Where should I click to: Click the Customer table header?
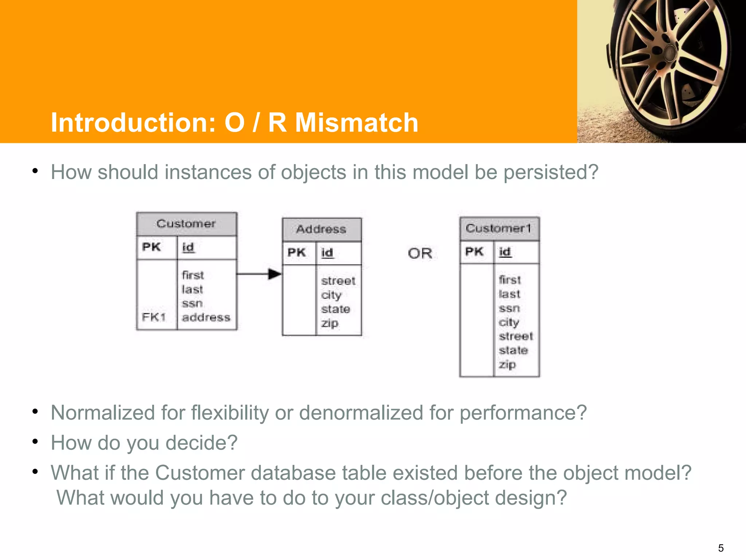tap(186, 223)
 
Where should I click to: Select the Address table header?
tap(321, 229)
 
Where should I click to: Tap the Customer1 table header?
tap(498, 228)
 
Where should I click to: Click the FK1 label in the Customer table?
tap(154, 317)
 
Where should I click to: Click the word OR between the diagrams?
tap(420, 253)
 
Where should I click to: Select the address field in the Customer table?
tap(206, 317)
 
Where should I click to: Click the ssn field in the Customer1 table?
tap(509, 308)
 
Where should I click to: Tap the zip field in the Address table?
tap(330, 323)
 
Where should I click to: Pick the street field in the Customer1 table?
tap(516, 336)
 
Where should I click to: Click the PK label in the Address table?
tap(297, 252)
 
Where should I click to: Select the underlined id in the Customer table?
tap(188, 247)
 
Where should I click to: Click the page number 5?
tap(721, 548)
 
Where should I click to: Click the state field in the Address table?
tap(335, 309)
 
